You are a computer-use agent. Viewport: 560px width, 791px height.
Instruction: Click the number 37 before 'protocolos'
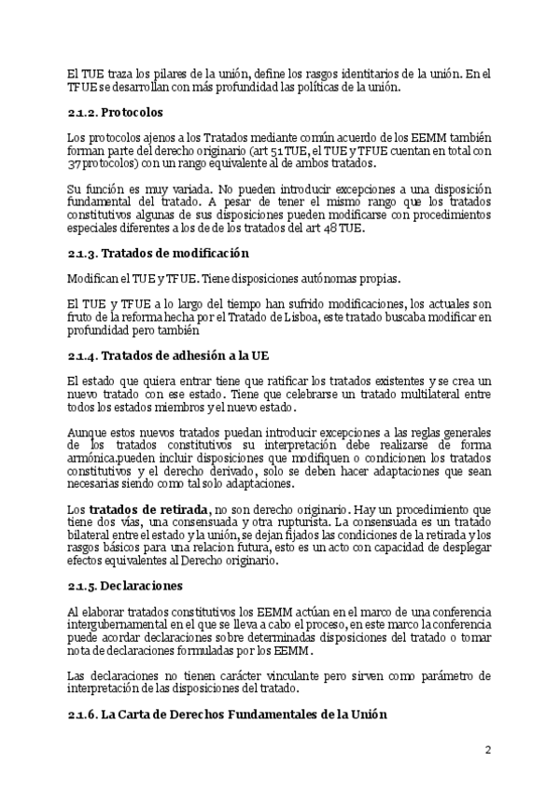pos(74,164)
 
